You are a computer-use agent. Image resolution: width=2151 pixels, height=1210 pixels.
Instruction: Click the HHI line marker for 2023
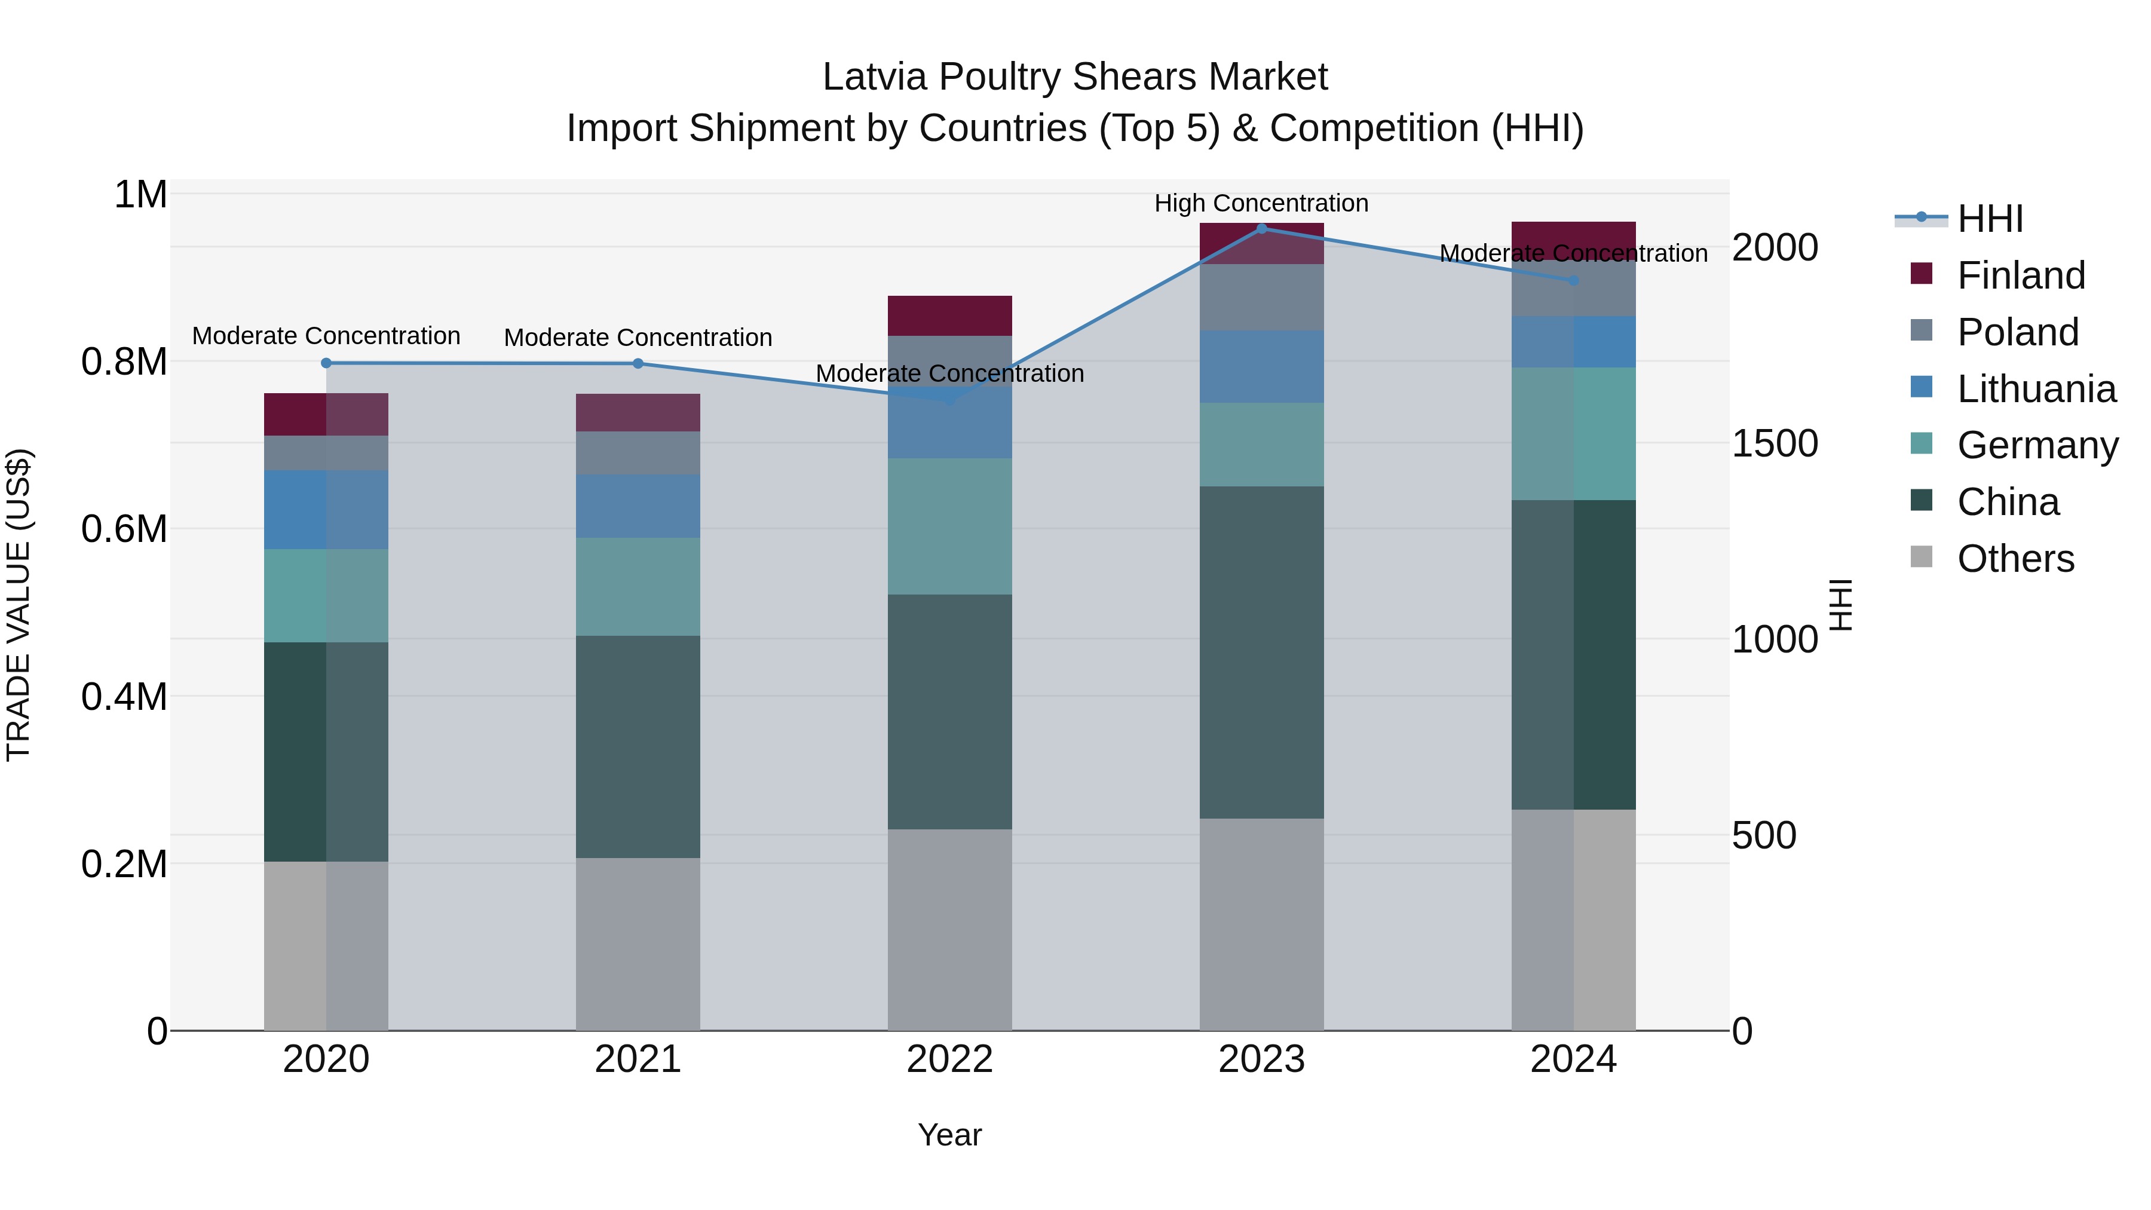[1262, 228]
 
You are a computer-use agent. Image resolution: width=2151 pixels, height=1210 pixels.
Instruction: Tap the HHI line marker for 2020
[326, 363]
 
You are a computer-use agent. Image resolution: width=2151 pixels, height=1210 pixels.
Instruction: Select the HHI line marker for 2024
[1573, 281]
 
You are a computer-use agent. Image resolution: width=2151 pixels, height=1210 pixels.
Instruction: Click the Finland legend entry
[2020, 275]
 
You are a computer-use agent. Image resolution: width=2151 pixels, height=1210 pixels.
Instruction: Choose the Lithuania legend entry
[2036, 389]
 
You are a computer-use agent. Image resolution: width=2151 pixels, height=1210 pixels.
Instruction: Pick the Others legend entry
[2015, 559]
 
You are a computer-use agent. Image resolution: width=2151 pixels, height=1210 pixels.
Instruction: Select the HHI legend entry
[1990, 219]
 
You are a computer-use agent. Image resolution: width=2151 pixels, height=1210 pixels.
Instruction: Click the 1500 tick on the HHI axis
[1775, 443]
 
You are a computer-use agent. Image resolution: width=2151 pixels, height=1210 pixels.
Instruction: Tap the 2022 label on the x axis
[949, 1059]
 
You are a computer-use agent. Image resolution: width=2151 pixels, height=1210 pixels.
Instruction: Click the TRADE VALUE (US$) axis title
[19, 605]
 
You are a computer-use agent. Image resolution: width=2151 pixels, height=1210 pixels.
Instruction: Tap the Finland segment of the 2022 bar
[949, 315]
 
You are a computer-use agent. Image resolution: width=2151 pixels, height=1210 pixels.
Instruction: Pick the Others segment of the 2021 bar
[638, 944]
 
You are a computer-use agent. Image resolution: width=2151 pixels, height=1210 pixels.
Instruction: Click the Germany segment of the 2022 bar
[949, 526]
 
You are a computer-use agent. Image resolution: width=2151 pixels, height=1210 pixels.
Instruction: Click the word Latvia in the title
[874, 77]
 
